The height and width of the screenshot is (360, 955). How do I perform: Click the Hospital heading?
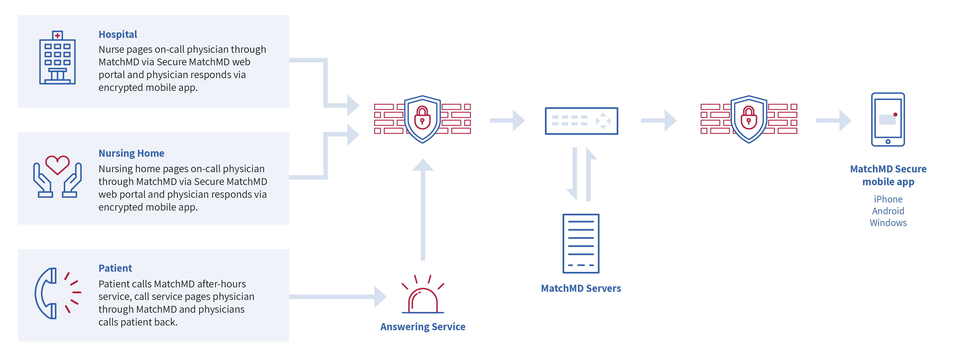point(118,34)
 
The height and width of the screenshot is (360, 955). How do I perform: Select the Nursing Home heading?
point(131,153)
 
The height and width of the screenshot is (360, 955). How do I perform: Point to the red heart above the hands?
point(57,164)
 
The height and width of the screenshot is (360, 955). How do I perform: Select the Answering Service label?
point(423,327)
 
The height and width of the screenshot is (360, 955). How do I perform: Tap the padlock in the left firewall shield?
point(422,118)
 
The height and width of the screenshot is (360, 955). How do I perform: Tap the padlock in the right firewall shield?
point(748,118)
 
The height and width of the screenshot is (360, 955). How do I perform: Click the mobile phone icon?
point(888,119)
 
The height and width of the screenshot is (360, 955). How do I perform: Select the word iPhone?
point(888,199)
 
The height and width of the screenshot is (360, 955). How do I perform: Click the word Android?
point(888,211)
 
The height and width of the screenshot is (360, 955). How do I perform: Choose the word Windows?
point(888,223)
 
